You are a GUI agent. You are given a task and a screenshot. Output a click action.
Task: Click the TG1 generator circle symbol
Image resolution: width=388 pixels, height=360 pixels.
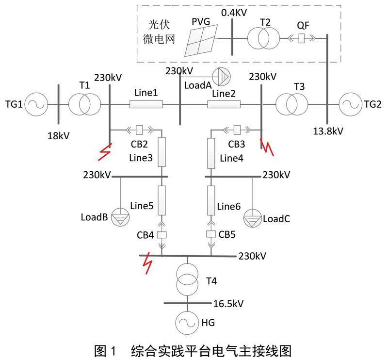click(35, 103)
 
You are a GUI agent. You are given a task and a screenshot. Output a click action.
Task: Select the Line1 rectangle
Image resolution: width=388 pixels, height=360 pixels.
click(146, 104)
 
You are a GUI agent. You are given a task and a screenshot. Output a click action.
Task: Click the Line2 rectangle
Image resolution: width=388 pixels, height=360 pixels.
click(224, 104)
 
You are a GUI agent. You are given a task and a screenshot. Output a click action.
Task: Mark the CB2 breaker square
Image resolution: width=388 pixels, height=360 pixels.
click(140, 130)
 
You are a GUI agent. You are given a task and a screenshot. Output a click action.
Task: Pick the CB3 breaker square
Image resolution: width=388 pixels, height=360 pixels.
click(237, 130)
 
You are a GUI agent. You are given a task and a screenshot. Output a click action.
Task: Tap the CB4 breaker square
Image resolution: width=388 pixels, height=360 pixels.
click(162, 235)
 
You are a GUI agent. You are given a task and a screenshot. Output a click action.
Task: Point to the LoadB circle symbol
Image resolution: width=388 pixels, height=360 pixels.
click(119, 217)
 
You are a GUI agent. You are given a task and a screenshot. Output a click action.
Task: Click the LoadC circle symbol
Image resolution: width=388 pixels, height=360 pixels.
click(253, 217)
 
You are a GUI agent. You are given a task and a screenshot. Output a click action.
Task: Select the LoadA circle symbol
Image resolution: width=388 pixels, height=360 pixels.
click(224, 76)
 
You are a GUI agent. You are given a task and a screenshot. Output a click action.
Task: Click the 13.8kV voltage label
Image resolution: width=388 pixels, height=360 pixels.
click(328, 131)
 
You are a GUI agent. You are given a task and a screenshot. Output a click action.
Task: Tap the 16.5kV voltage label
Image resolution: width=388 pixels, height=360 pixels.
click(228, 304)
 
